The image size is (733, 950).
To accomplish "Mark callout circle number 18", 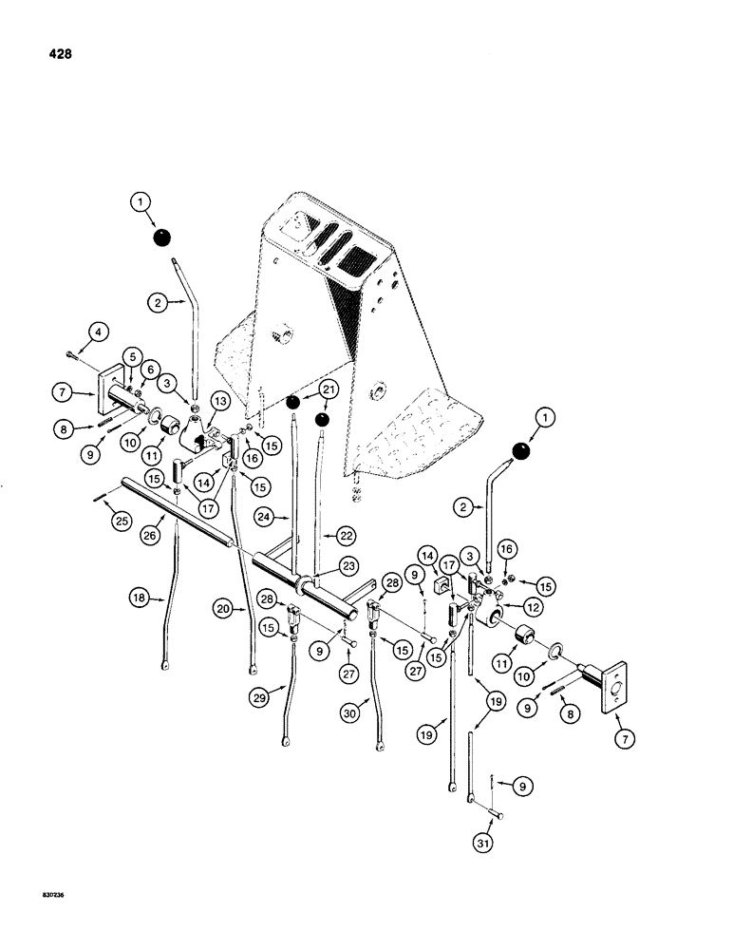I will (x=140, y=598).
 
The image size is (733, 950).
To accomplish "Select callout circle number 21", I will (x=328, y=390).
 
